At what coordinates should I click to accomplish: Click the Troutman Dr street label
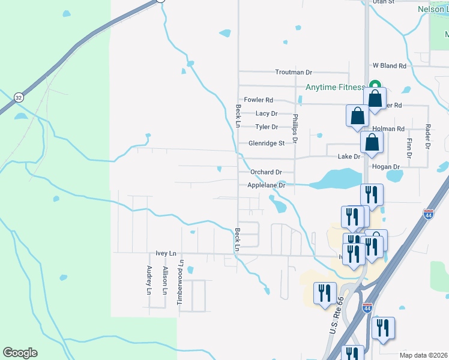tap(294, 72)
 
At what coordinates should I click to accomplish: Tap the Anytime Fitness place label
tap(335, 88)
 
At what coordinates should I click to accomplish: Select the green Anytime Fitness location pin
tap(375, 86)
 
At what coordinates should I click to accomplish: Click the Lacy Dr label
tap(267, 113)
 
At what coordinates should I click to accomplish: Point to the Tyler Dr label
tap(267, 127)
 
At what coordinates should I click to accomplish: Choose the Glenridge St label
tap(266, 144)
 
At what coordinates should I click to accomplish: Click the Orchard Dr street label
tap(266, 172)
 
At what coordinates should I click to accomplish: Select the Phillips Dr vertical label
tap(295, 130)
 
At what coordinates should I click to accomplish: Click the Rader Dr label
tap(427, 136)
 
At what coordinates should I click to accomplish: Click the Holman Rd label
tap(388, 129)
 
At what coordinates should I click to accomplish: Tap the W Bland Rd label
tap(389, 65)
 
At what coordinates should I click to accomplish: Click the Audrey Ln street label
tap(149, 280)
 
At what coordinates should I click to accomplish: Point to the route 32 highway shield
tap(19, 97)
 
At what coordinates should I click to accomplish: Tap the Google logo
tap(20, 353)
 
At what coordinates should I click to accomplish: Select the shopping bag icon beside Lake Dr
tap(372, 142)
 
